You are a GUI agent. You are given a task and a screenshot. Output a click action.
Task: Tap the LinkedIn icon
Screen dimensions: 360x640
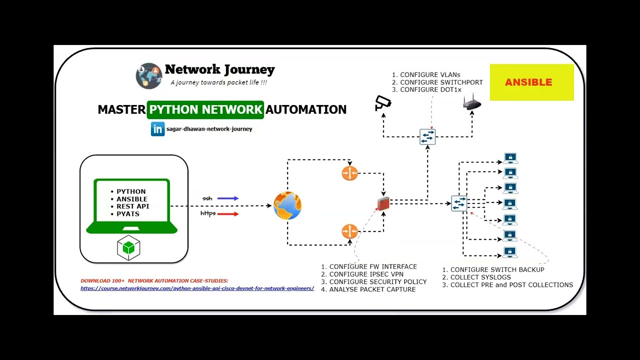point(157,129)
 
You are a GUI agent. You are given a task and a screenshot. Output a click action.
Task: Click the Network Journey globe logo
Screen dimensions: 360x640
point(148,76)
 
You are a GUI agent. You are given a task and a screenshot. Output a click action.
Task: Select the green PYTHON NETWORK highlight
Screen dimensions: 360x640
point(205,109)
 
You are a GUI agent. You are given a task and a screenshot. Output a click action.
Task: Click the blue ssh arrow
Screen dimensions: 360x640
point(227,198)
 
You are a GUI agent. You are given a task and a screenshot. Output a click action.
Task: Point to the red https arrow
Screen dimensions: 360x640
point(227,214)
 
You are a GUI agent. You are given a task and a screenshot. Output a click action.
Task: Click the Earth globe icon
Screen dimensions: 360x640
point(287,205)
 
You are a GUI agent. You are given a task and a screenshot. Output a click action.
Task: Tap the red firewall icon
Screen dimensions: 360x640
point(383,203)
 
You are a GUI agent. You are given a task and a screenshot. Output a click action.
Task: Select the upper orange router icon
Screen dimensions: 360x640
point(349,173)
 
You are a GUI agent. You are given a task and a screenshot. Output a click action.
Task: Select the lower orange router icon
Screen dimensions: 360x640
point(349,231)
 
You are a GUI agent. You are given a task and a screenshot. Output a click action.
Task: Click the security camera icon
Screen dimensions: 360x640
point(383,103)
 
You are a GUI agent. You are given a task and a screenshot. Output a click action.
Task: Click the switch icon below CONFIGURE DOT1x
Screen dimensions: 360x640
point(427,137)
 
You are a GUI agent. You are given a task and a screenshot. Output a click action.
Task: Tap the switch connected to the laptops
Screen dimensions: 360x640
point(459,203)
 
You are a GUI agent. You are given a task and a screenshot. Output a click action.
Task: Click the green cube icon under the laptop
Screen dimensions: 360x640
point(128,248)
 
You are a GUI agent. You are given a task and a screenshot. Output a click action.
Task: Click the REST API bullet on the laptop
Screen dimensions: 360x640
point(132,206)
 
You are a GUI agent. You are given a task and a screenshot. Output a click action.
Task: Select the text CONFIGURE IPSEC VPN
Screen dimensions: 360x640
point(366,274)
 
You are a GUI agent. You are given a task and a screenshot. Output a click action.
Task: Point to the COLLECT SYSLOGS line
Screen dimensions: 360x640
point(480,277)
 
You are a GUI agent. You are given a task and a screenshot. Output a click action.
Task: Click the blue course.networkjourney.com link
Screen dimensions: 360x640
point(197,288)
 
